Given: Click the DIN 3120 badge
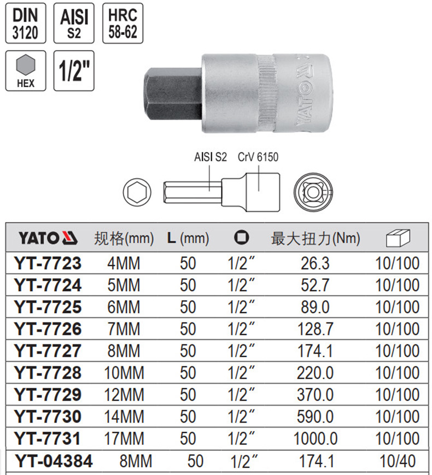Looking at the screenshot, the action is click(26, 24).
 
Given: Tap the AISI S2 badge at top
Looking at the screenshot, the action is click(74, 24).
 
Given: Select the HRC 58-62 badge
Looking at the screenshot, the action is click(123, 24).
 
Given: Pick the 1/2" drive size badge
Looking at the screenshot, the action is click(74, 71).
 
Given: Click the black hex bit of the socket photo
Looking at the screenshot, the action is click(173, 94).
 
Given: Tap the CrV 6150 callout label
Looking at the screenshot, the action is click(258, 157).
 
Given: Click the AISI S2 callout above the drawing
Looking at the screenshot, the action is click(211, 157).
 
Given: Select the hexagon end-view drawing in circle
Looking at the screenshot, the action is click(137, 192).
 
